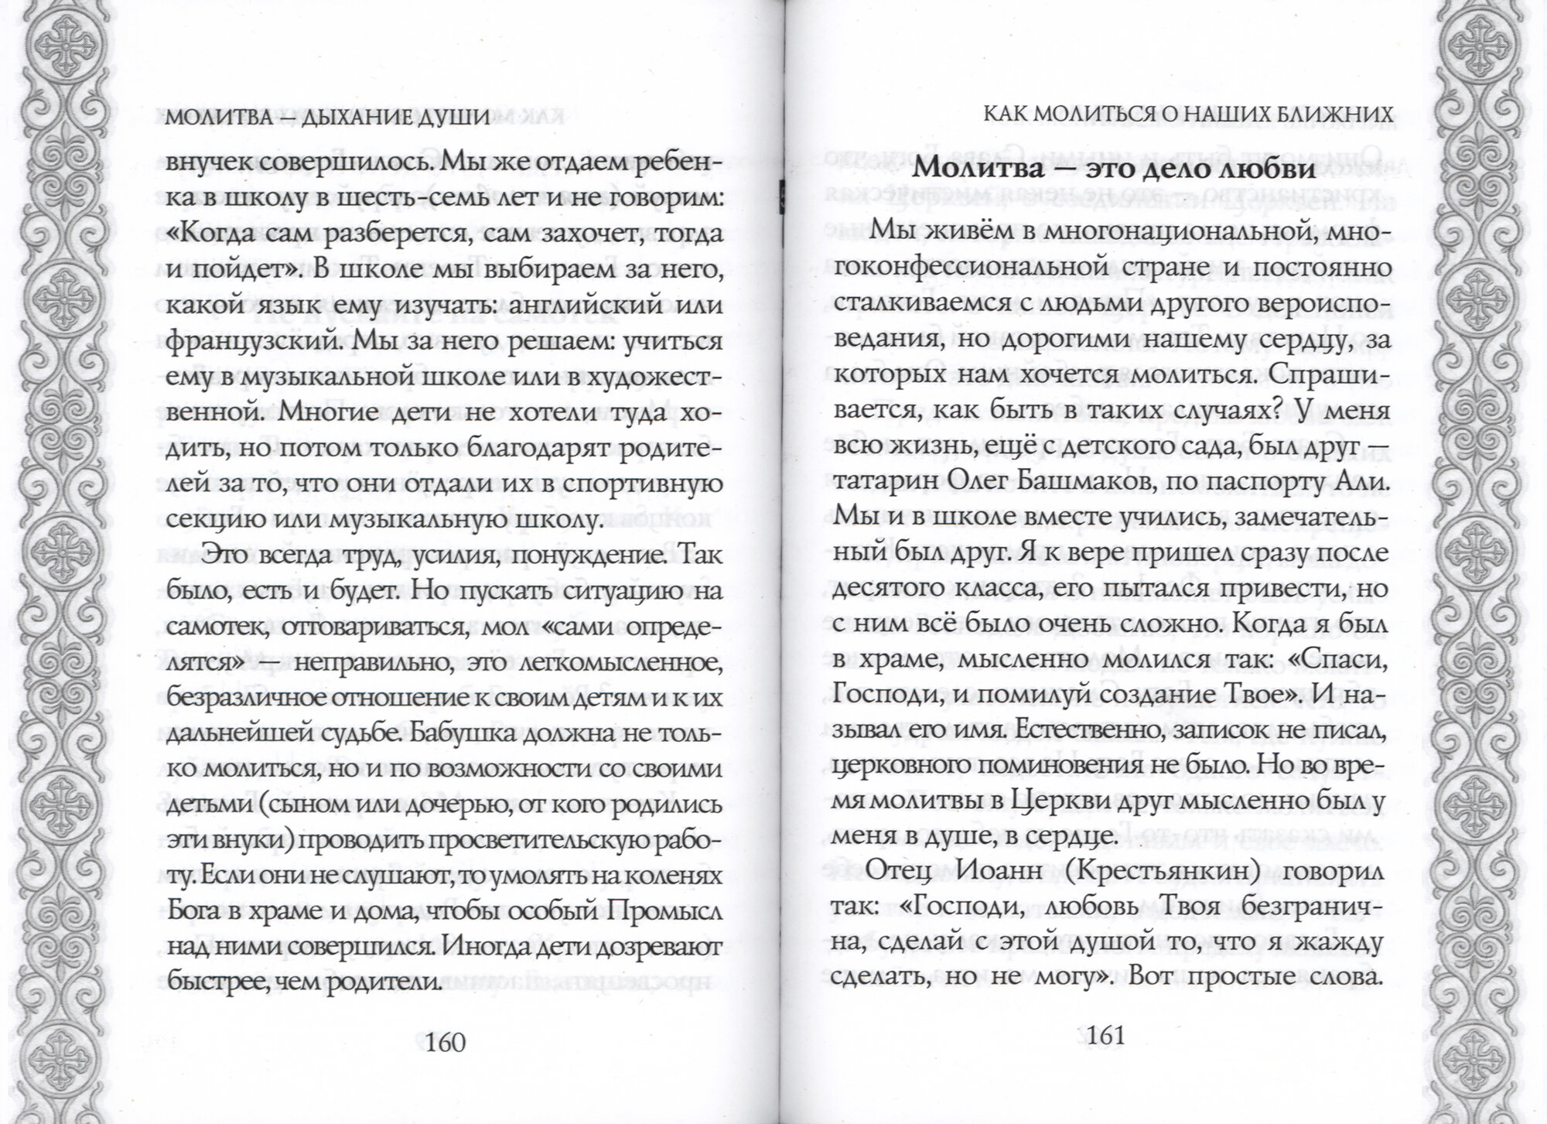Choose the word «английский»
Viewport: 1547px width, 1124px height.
pyautogui.click(x=576, y=304)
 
